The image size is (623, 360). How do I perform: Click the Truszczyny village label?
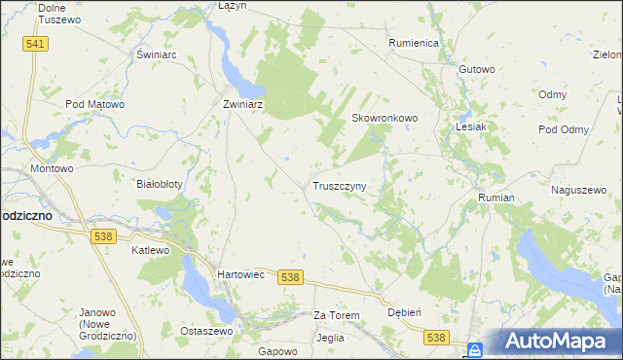(x=339, y=185)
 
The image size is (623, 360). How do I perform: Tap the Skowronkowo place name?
(x=385, y=118)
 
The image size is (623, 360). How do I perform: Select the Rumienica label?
(x=415, y=44)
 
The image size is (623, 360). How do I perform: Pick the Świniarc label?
(x=156, y=54)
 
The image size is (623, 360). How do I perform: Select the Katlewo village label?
(x=151, y=250)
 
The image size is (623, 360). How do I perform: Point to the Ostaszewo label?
(x=205, y=331)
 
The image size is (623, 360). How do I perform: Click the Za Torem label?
(x=337, y=316)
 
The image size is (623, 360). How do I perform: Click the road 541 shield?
(x=36, y=45)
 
